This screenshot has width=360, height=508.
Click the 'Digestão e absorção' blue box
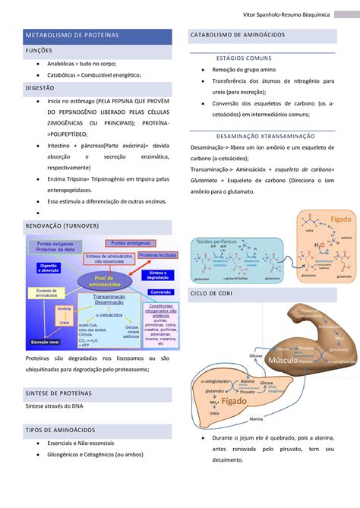[x=43, y=267]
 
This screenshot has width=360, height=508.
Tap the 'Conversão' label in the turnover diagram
[x=160, y=292]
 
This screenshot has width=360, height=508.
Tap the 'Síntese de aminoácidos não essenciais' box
[x=109, y=259]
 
